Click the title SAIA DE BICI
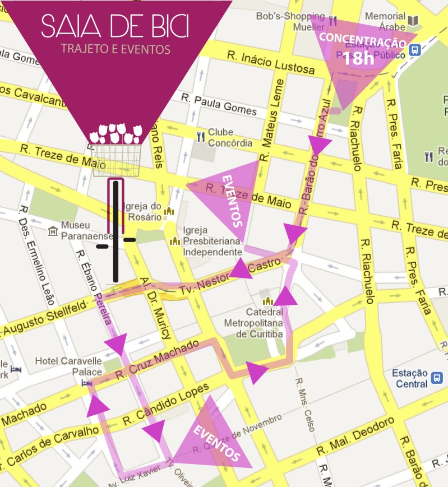click(x=115, y=25)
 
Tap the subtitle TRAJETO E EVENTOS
click(x=115, y=49)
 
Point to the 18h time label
click(x=358, y=58)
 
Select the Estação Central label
click(x=409, y=378)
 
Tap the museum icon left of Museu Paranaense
click(x=53, y=230)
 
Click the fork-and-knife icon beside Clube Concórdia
click(x=201, y=136)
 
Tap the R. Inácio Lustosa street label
click(x=271, y=62)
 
